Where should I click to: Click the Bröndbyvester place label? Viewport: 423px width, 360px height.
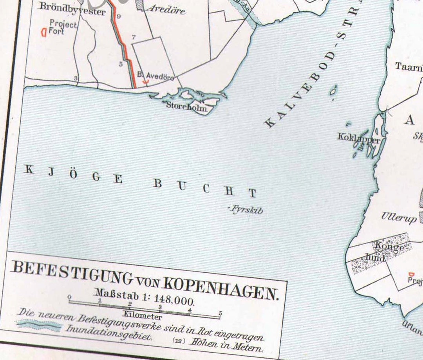(x=72, y=11)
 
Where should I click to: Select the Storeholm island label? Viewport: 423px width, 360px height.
(x=186, y=106)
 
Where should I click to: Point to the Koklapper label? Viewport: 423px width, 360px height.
(x=359, y=139)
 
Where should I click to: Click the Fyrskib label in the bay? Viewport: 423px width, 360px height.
(x=246, y=210)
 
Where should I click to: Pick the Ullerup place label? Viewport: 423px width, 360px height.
(x=399, y=218)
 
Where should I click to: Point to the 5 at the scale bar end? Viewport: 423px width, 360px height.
(x=221, y=313)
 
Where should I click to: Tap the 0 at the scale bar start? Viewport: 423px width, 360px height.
(x=69, y=297)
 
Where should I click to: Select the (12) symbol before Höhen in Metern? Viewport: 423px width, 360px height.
(x=179, y=341)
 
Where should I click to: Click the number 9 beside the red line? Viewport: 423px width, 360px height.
(x=119, y=16)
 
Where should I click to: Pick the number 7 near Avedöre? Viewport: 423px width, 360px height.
(x=134, y=38)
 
